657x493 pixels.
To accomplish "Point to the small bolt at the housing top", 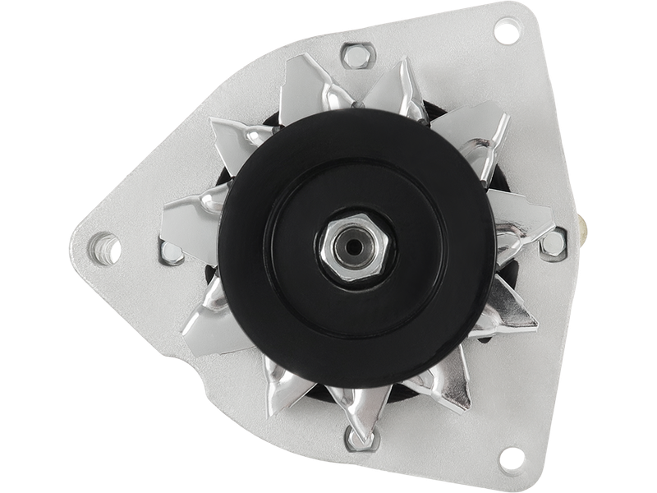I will (356, 58).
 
